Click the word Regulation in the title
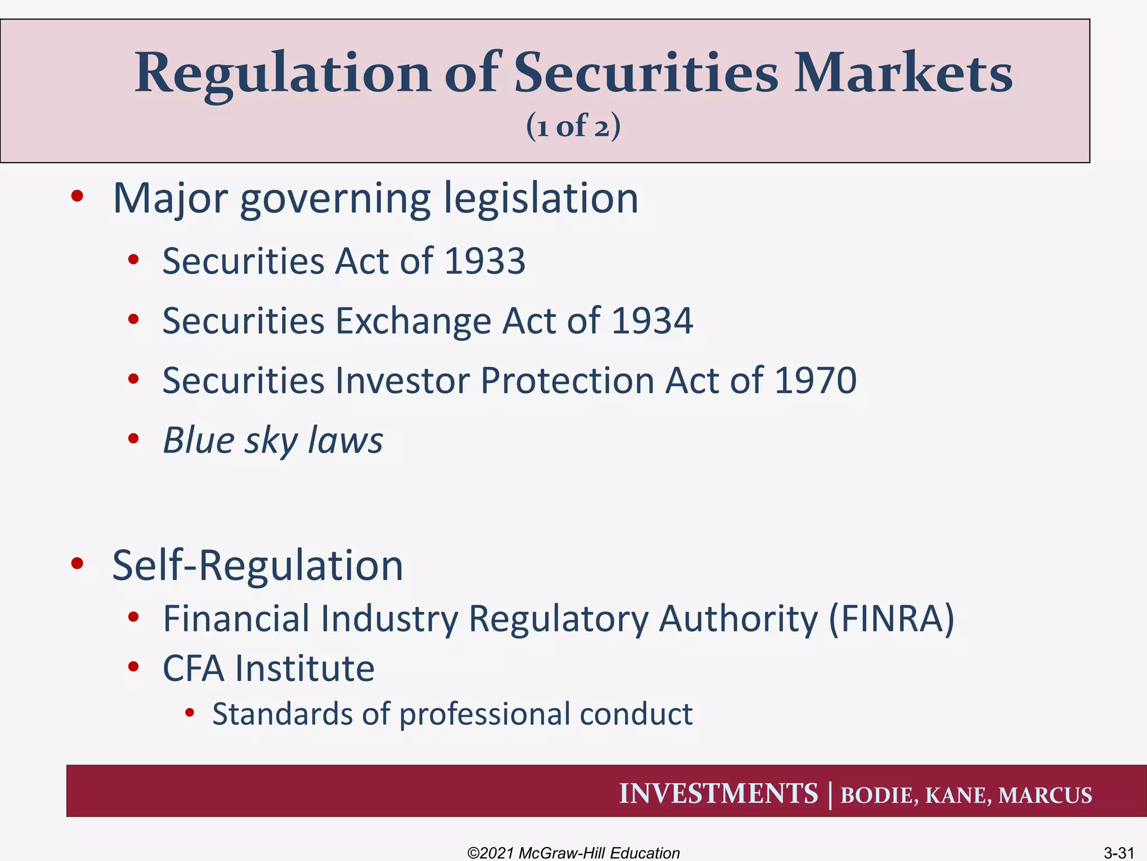[282, 74]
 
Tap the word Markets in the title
[903, 73]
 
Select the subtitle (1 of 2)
[573, 126]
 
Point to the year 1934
[652, 321]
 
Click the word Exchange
[412, 322]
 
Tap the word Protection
[567, 381]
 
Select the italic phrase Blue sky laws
[273, 440]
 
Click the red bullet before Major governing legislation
[77, 196]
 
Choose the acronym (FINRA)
[891, 619]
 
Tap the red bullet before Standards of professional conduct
[190, 713]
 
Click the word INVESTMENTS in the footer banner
[719, 794]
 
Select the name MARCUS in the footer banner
[1045, 795]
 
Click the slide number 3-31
[1118, 853]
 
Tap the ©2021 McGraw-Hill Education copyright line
[573, 853]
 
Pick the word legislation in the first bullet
[541, 198]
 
